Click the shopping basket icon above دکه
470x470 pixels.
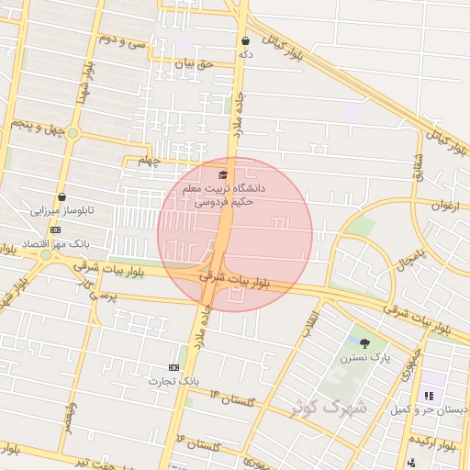point(245,41)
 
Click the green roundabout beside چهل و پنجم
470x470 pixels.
point(73,133)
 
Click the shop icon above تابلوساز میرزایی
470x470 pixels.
point(62,196)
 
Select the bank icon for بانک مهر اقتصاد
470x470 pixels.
point(56,229)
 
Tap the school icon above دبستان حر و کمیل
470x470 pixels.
point(428,397)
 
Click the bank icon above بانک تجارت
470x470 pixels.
point(174,366)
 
